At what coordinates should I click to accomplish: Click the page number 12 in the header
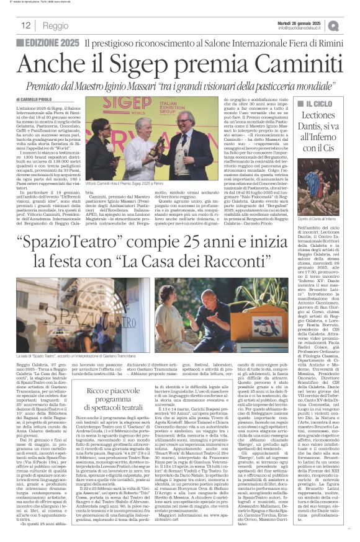[25, 25]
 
